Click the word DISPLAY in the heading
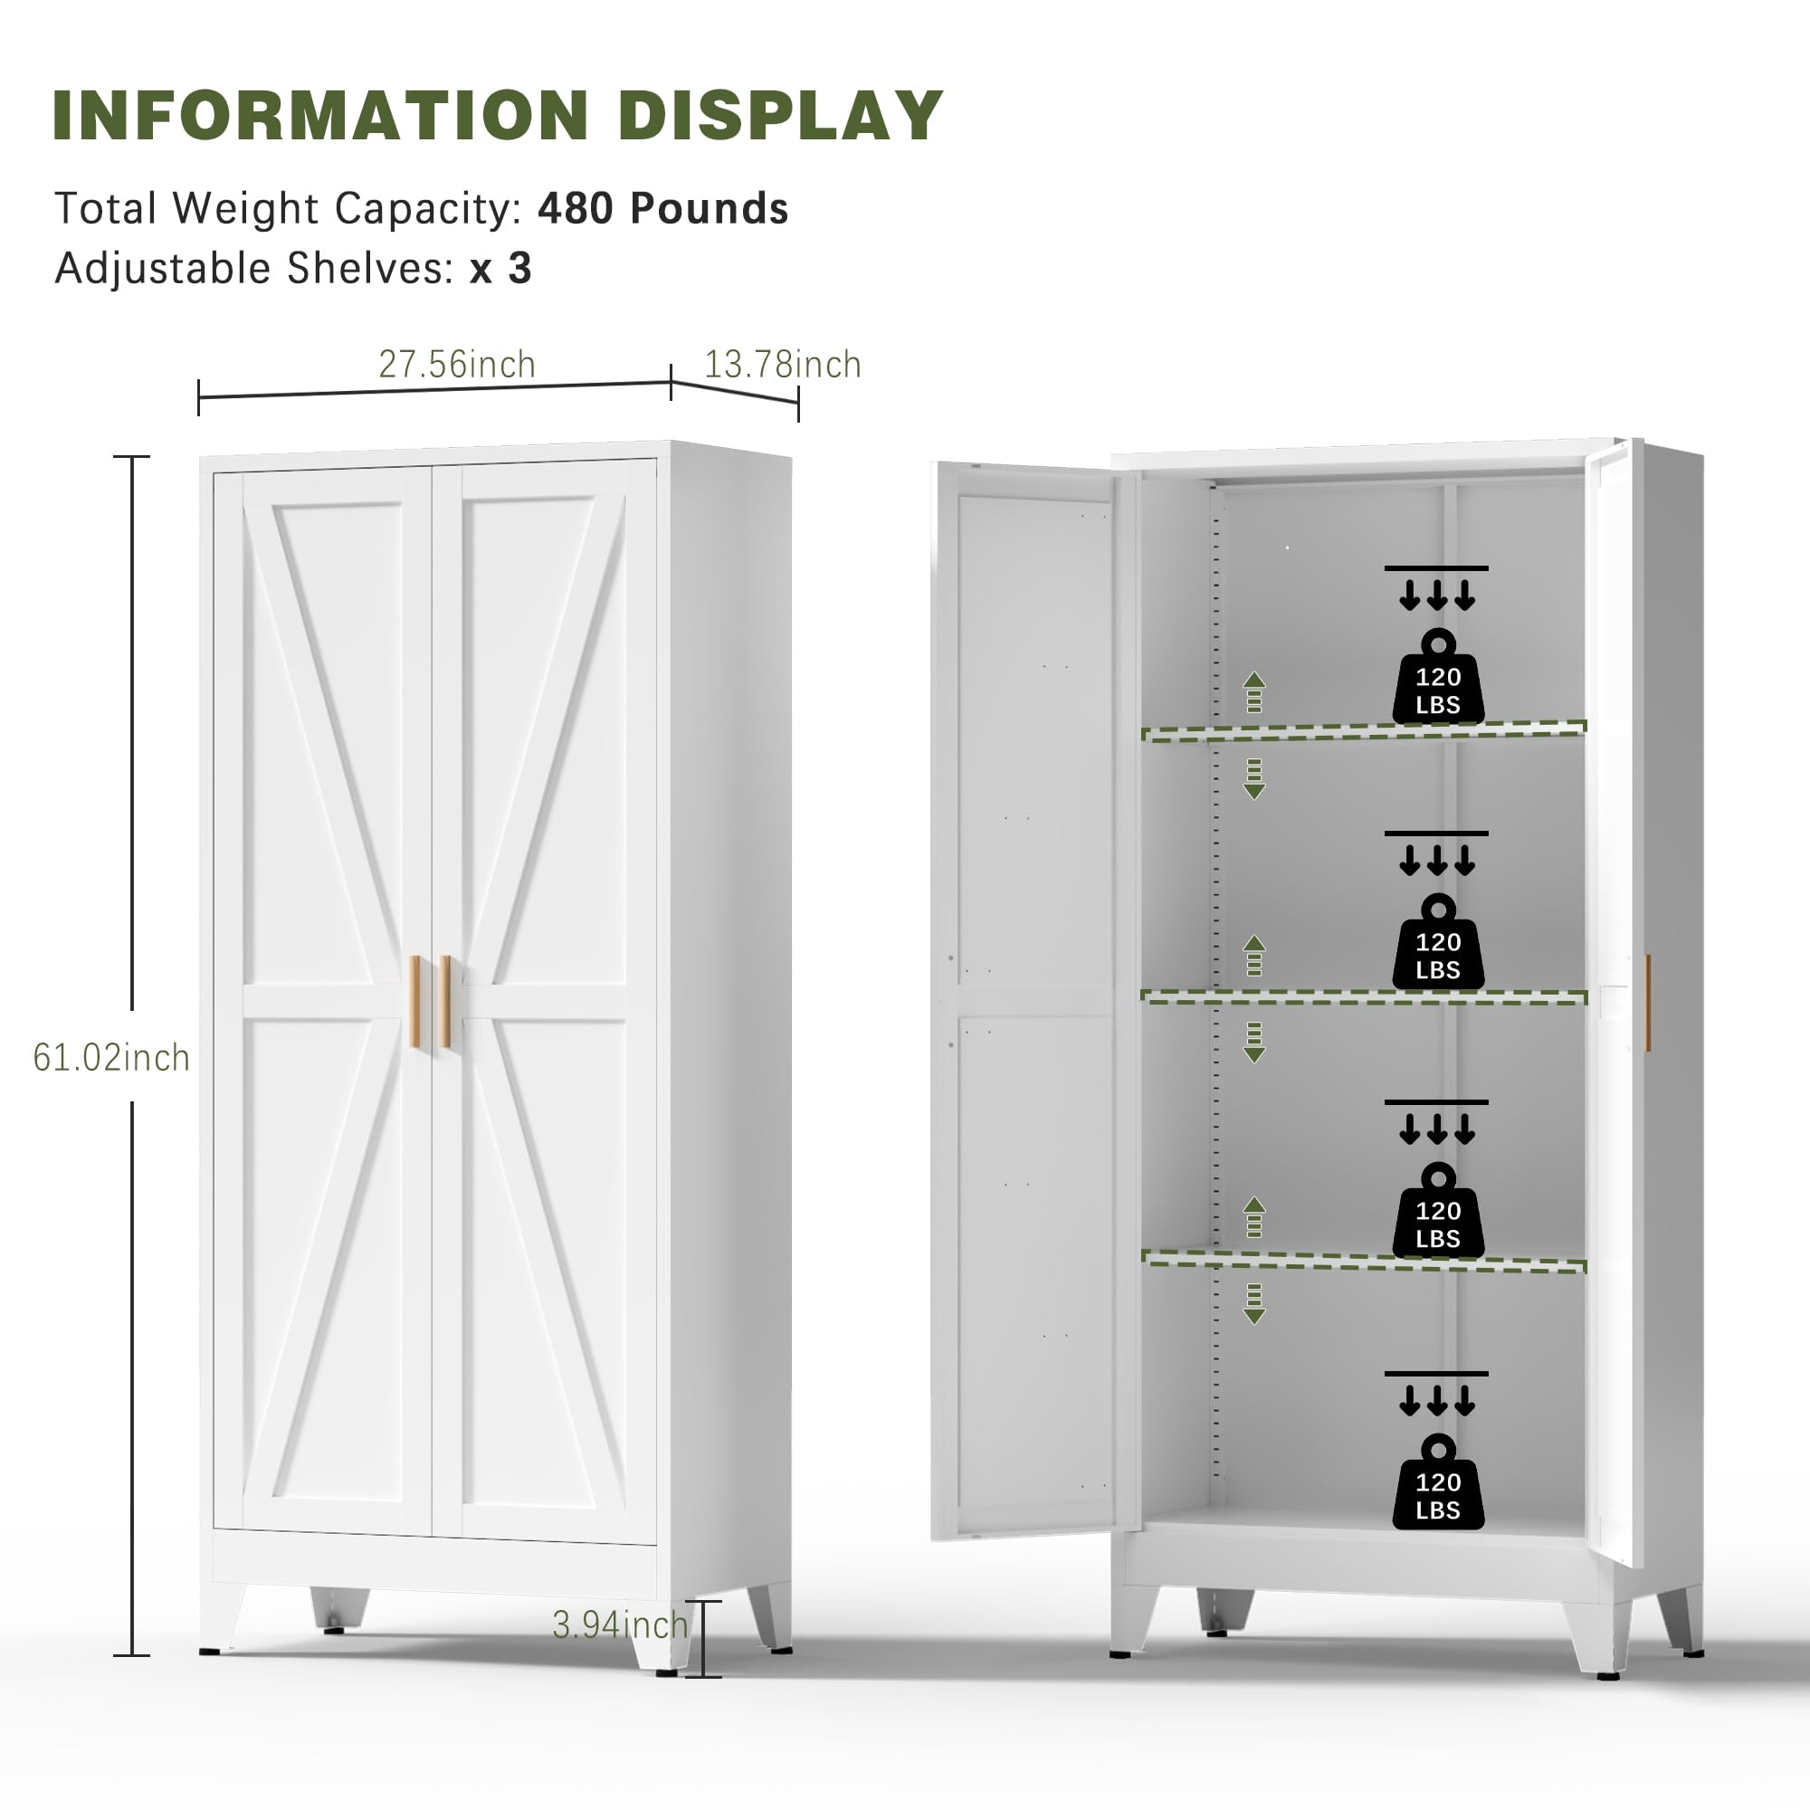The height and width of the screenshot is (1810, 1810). click(780, 116)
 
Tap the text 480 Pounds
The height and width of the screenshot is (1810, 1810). click(662, 208)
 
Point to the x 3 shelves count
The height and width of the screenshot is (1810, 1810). click(501, 268)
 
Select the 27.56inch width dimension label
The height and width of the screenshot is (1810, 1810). click(457, 365)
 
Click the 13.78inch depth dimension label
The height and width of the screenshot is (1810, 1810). click(782, 365)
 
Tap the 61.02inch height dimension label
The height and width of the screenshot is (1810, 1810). click(111, 1058)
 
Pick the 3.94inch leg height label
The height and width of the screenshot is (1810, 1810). click(620, 1624)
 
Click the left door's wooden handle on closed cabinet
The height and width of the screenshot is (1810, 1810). click(415, 1001)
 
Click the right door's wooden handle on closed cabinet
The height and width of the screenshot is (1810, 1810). click(445, 1001)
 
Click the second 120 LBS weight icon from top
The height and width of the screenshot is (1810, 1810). click(1438, 941)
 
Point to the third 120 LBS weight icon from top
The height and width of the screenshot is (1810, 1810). click(1438, 1210)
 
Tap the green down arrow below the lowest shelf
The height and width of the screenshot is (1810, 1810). click(1253, 1303)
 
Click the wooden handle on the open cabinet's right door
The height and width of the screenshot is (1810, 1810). click(1647, 1003)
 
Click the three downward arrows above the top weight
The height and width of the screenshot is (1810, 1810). click(1437, 595)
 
